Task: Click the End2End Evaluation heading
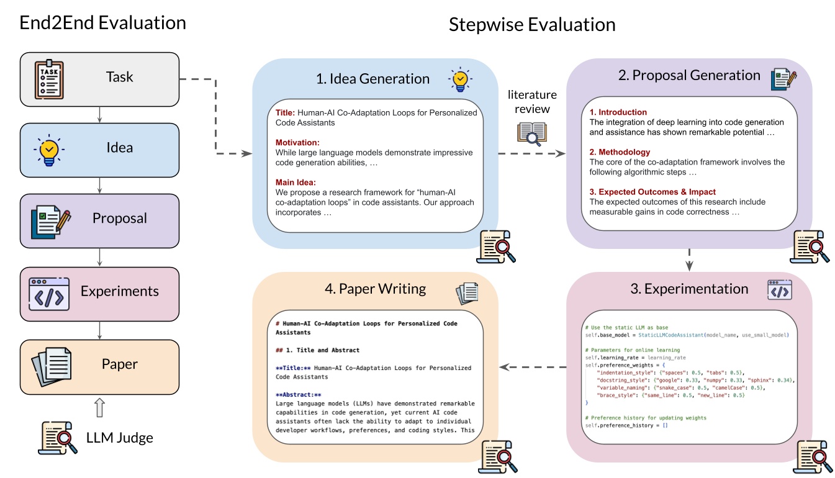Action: coord(103,23)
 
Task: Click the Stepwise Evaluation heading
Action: coord(532,25)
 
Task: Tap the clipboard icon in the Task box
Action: coord(48,78)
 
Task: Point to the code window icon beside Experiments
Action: coord(48,291)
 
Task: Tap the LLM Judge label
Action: coord(119,438)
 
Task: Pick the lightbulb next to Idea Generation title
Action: coord(459,80)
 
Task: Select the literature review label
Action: coord(532,102)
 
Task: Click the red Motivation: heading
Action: coord(297,142)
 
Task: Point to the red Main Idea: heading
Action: coord(296,182)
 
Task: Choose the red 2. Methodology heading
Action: coord(620,152)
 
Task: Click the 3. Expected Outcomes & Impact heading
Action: coord(652,192)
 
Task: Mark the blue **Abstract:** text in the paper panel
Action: coord(299,394)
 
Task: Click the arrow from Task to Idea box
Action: coord(99,96)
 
